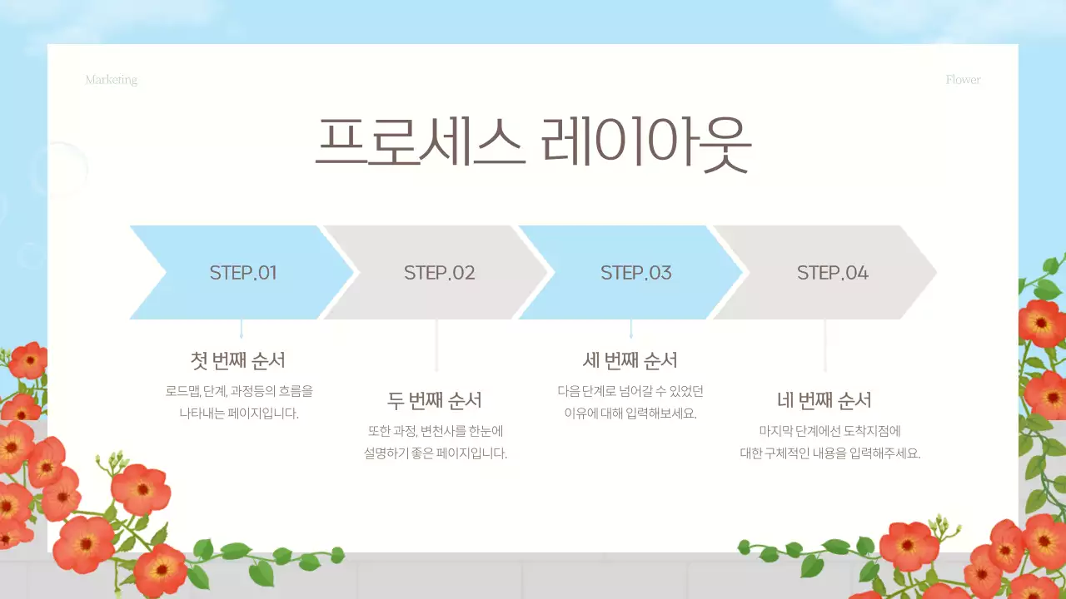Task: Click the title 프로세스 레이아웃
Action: click(x=533, y=143)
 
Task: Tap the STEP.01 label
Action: click(x=243, y=273)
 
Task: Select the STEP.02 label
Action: click(x=439, y=273)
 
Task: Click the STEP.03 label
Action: click(x=635, y=273)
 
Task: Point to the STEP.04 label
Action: click(x=832, y=273)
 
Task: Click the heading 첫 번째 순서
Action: click(x=238, y=360)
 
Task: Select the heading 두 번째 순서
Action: click(x=435, y=400)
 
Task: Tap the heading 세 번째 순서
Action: click(x=630, y=360)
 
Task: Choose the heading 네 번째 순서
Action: click(x=824, y=400)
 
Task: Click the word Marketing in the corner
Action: click(x=112, y=80)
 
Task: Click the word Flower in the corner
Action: click(x=963, y=80)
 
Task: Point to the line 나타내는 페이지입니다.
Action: click(x=239, y=413)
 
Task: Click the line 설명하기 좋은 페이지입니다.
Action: click(x=436, y=453)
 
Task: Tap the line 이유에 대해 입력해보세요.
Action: click(x=630, y=413)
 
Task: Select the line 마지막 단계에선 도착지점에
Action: click(x=829, y=431)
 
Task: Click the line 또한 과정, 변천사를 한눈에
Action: click(x=436, y=431)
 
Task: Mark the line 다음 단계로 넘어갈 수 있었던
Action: click(x=630, y=391)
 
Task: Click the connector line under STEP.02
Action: click(x=436, y=345)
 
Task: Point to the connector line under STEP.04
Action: click(x=825, y=345)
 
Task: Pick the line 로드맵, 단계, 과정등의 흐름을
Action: click(x=239, y=391)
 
